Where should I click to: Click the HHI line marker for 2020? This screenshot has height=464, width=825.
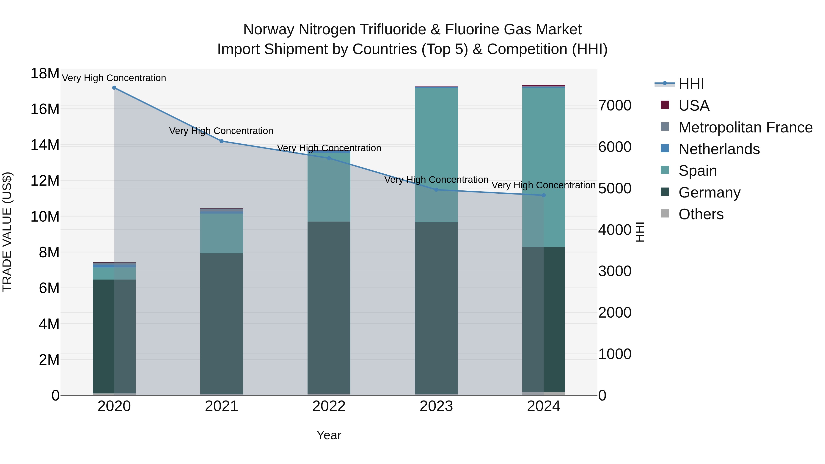[x=114, y=88]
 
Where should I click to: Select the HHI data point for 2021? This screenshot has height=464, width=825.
[x=221, y=141]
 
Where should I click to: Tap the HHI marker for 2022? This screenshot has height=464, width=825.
[x=329, y=158]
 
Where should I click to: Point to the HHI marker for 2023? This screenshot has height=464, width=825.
[x=436, y=190]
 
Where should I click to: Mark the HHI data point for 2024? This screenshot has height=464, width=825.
[x=544, y=195]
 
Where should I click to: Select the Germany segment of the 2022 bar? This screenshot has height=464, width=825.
[x=329, y=308]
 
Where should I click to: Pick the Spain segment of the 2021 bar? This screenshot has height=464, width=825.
[x=221, y=233]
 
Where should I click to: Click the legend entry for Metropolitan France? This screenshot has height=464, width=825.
[x=745, y=127]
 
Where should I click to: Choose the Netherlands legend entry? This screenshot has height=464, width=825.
[x=719, y=149]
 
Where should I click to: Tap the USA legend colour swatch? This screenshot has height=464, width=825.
[x=665, y=105]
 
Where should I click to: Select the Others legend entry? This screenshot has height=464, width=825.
[x=701, y=214]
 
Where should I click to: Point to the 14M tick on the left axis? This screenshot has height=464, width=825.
[x=45, y=145]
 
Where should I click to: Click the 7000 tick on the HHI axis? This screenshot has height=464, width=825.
[x=615, y=106]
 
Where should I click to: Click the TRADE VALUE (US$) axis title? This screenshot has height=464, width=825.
[x=7, y=232]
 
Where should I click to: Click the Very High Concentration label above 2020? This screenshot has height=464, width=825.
[x=114, y=78]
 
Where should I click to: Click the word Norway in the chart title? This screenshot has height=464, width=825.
[x=269, y=30]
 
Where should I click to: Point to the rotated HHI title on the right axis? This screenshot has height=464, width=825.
[x=640, y=232]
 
